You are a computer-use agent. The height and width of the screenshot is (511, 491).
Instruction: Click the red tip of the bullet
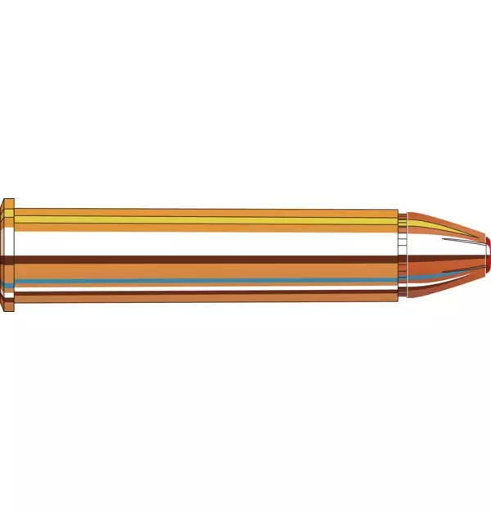[x=488, y=256]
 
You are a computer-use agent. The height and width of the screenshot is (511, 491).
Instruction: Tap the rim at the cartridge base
[x=8, y=256]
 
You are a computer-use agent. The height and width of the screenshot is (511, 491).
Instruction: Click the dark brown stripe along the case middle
[x=205, y=260]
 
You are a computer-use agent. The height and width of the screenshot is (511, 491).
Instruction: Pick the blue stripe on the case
[x=205, y=281]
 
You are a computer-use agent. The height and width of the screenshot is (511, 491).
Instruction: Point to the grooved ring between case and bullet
[x=403, y=256]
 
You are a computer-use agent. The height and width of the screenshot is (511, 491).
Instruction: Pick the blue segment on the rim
[x=8, y=283]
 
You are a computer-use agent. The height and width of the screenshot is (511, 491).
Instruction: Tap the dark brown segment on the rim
[x=8, y=260]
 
